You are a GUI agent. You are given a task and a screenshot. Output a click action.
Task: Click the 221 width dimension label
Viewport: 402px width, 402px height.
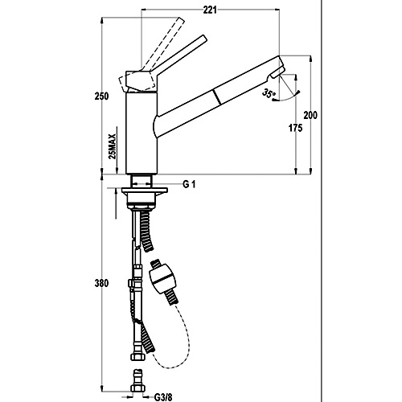pyautogui.click(x=210, y=10)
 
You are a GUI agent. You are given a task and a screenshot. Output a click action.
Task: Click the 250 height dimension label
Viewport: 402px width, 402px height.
pyautogui.click(x=101, y=96)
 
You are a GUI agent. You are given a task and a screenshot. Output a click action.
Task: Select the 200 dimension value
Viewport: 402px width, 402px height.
pyautogui.click(x=310, y=115)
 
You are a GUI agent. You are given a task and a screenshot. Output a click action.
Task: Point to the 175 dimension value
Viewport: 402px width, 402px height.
pyautogui.click(x=295, y=128)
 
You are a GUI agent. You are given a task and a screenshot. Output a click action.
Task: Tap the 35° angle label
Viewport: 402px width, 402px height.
pyautogui.click(x=269, y=94)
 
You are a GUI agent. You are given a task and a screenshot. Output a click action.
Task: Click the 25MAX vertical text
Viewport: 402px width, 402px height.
pyautogui.click(x=113, y=146)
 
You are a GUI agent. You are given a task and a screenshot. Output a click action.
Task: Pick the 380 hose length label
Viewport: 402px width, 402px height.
pyautogui.click(x=101, y=283)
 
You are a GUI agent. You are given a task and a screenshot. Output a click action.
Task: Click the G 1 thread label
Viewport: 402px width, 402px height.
pyautogui.click(x=189, y=184)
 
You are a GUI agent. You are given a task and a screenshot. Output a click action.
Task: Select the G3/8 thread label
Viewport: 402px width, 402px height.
pyautogui.click(x=163, y=396)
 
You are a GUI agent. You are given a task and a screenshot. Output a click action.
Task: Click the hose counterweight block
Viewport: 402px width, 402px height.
pyautogui.click(x=161, y=280)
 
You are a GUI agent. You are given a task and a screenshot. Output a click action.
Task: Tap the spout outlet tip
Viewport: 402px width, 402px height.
pyautogui.click(x=278, y=74)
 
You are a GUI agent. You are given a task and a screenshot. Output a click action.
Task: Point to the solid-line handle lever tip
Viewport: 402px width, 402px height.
pyautogui.click(x=204, y=38)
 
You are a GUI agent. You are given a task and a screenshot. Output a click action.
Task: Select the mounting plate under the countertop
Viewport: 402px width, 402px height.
pyautogui.click(x=145, y=191)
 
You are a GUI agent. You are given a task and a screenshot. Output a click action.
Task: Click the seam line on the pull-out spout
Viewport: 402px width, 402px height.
pyautogui.click(x=218, y=97)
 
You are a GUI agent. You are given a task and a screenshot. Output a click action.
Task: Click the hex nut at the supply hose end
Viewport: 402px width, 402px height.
pyautogui.click(x=137, y=357)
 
